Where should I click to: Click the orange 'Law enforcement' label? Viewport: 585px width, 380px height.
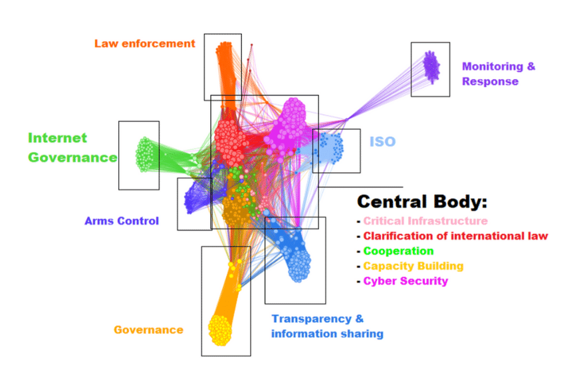click(144, 44)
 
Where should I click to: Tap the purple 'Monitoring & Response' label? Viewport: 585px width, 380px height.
click(498, 74)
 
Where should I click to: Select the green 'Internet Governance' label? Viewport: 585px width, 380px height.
click(72, 147)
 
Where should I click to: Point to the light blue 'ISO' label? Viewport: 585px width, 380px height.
click(382, 142)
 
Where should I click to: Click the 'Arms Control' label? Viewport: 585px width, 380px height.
click(122, 221)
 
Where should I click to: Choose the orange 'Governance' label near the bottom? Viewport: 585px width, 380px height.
click(148, 330)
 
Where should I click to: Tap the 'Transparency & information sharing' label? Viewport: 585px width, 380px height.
click(326, 326)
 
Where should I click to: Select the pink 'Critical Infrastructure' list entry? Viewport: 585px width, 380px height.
click(425, 221)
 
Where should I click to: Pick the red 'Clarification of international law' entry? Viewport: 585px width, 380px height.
click(455, 236)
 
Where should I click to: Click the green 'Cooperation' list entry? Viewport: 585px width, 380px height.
click(398, 251)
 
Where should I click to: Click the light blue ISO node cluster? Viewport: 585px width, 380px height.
click(330, 147)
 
